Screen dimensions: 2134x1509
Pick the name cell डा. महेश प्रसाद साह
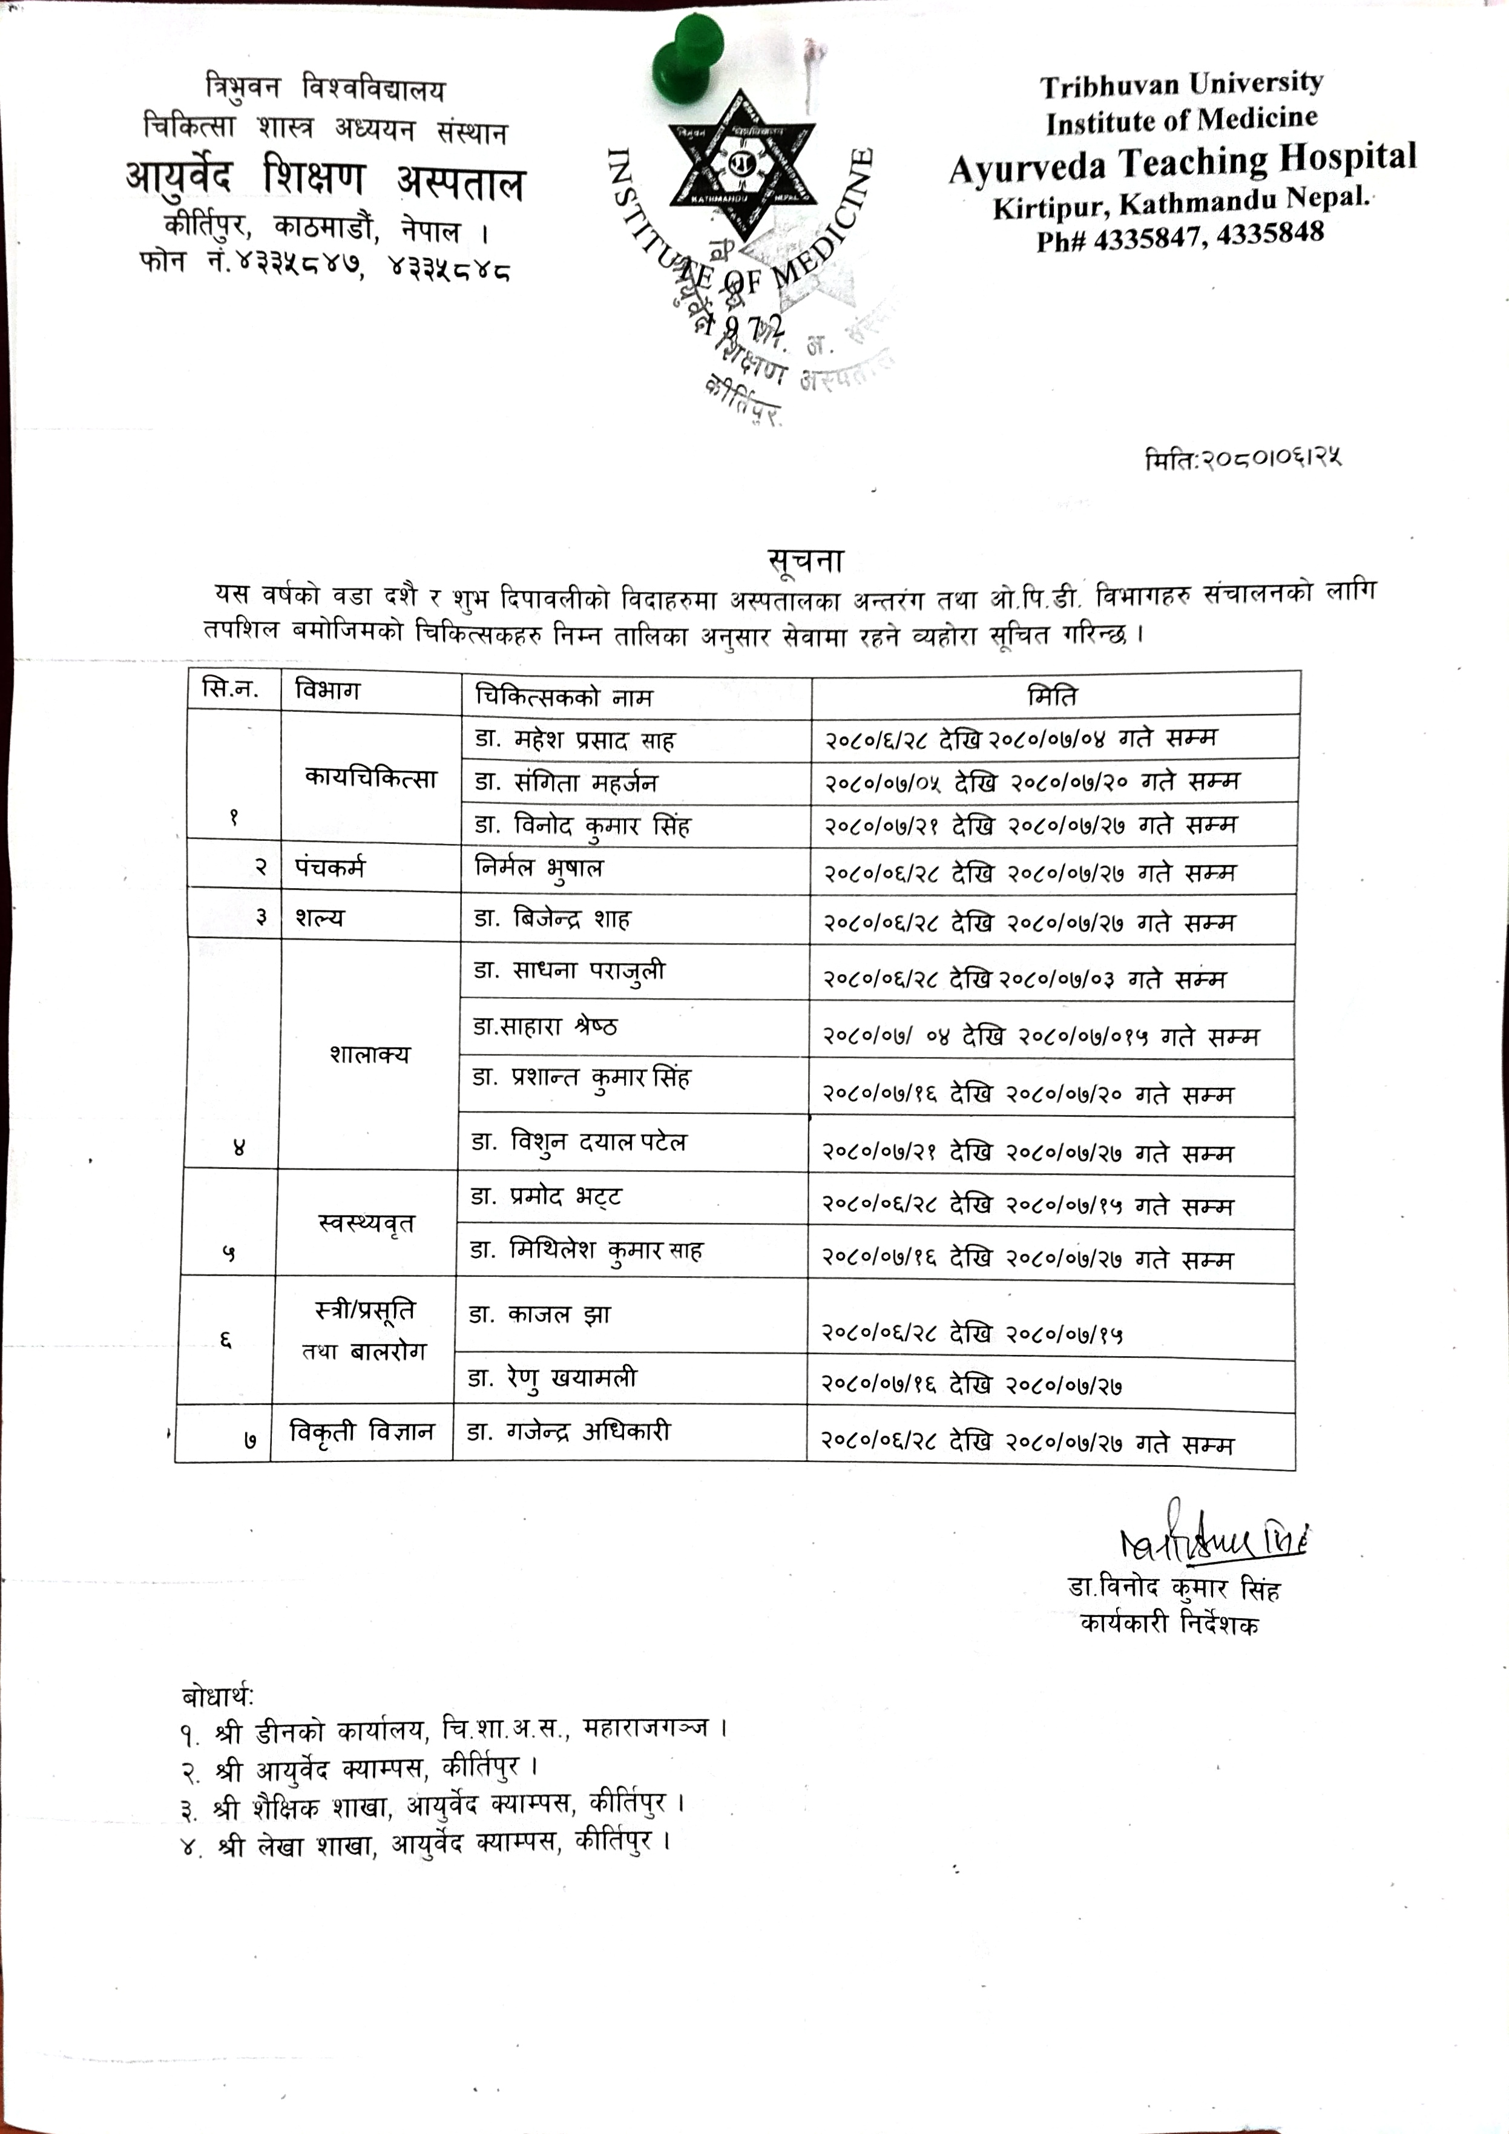coord(575,740)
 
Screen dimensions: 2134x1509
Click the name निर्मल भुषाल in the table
coord(539,868)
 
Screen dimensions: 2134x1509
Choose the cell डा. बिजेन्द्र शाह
coord(552,919)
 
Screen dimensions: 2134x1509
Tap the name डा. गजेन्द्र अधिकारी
coord(568,1431)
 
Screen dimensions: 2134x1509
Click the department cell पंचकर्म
coord(330,867)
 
